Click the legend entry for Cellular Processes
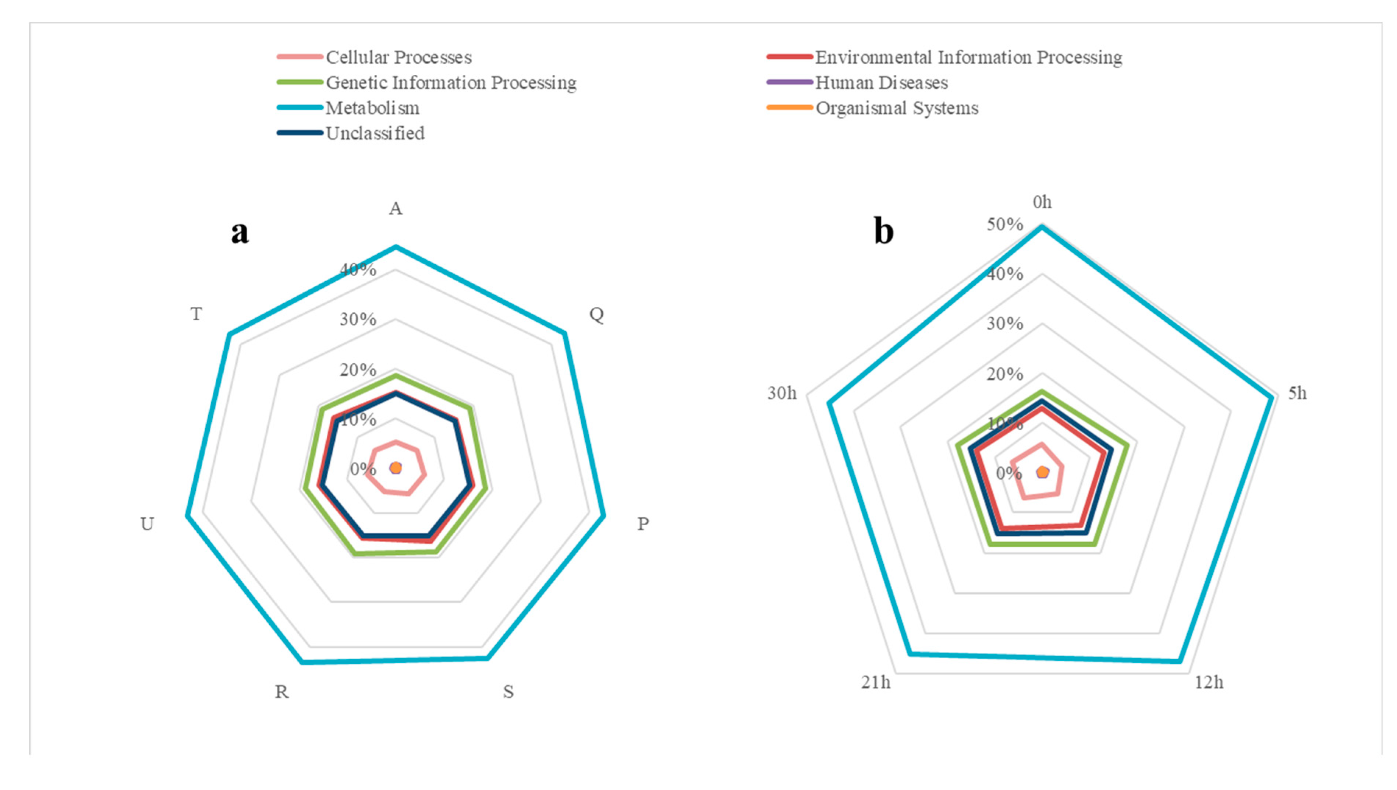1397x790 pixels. [398, 57]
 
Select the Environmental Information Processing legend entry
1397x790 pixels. [968, 57]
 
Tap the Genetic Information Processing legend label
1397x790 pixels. [451, 82]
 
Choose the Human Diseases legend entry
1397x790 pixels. [881, 82]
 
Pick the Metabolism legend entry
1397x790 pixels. [372, 108]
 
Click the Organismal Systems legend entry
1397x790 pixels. [897, 108]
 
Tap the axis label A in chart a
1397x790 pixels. [396, 209]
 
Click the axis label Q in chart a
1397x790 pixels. [596, 314]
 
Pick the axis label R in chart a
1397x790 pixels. [281, 692]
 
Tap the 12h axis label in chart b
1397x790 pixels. [1209, 683]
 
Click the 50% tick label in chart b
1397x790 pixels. [1004, 225]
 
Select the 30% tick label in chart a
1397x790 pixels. [358, 320]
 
